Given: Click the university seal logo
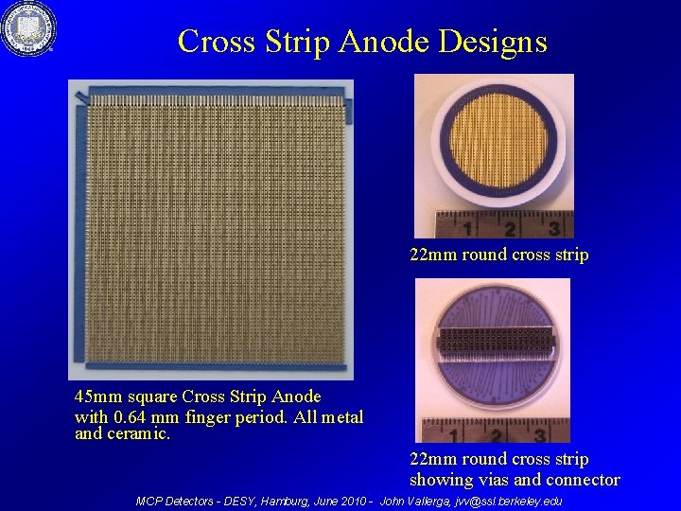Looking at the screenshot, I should coord(28,29).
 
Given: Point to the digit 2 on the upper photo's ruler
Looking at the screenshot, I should coord(510,228).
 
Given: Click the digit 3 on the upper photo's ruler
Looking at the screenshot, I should coord(553,227).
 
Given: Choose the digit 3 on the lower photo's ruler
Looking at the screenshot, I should coord(538,435).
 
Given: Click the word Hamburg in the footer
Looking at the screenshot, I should coord(288,501).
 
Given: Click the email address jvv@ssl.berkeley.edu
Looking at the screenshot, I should coord(508,501).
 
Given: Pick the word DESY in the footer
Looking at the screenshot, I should coord(240,501).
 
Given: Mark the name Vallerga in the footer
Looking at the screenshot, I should coord(430,501).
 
